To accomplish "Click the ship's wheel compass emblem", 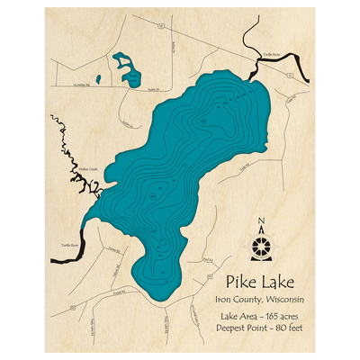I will point(261,244).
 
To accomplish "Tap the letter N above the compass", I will point(261,224).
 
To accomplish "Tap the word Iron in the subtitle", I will point(224,299).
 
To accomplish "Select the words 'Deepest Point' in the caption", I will point(243,331).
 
